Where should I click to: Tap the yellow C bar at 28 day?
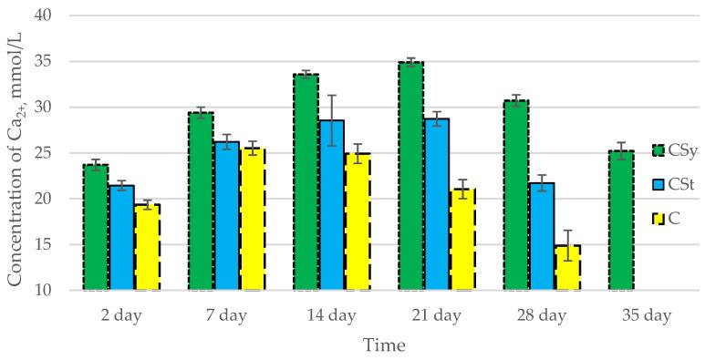tap(568, 267)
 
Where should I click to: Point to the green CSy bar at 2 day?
tap(95, 227)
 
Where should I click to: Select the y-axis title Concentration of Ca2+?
tap(16, 152)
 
